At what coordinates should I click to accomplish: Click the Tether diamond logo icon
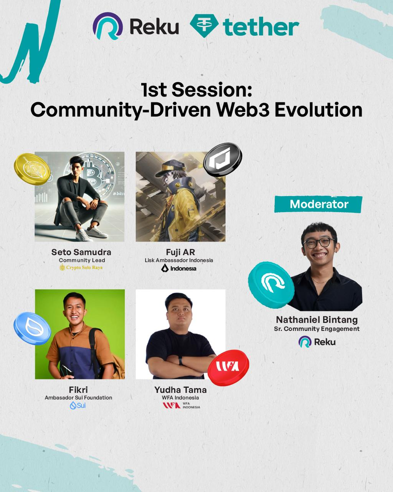pos(204,26)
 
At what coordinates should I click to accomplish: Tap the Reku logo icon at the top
pos(108,26)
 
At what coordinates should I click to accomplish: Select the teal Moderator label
pos(319,204)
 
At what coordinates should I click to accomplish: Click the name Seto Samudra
pos(81,252)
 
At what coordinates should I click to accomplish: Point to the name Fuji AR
pos(180,252)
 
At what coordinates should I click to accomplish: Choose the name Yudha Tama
pos(180,390)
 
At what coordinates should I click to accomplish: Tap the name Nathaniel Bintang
pos(317,320)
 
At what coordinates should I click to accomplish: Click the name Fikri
pos(78,390)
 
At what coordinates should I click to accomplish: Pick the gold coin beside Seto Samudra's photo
pos(32,169)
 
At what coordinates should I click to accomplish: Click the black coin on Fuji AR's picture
pos(223,160)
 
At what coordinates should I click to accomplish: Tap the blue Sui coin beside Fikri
pos(32,328)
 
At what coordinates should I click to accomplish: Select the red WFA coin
pos(228,367)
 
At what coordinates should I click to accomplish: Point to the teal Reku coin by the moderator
pos(271,285)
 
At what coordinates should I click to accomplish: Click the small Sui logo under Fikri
pos(78,406)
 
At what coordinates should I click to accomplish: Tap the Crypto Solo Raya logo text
pos(81,267)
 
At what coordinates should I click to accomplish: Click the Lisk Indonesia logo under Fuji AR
pos(178,268)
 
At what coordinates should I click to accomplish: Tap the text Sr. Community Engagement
pos(317,329)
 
